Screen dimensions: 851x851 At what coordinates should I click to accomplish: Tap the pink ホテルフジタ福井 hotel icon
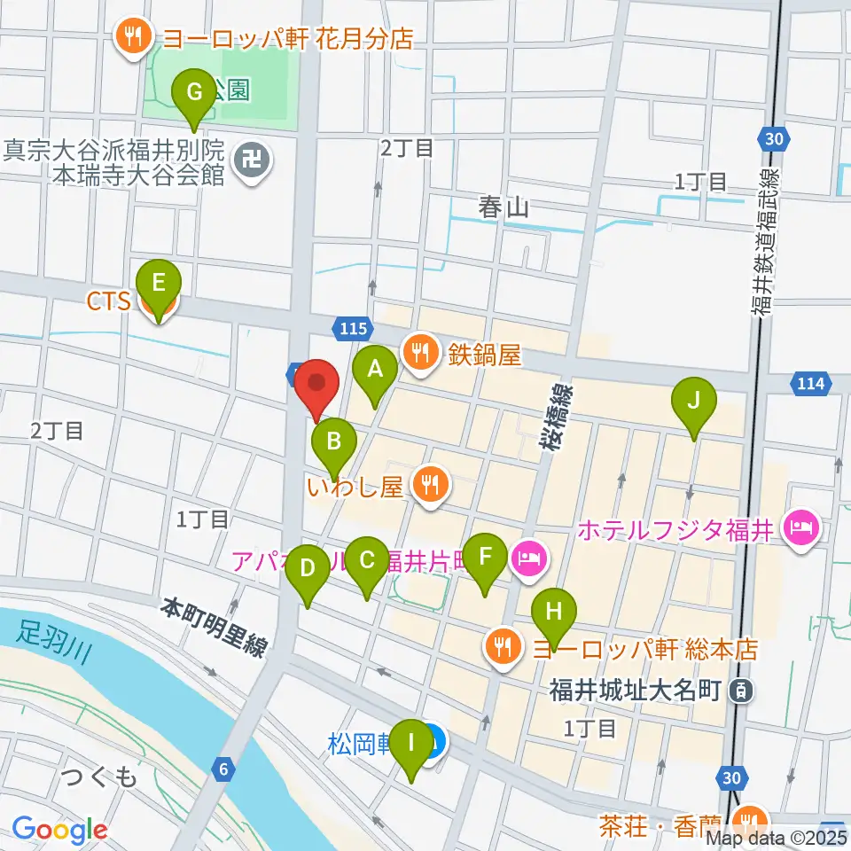pyautogui.click(x=802, y=531)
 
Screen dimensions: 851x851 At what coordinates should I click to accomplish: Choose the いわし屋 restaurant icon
pyautogui.click(x=431, y=485)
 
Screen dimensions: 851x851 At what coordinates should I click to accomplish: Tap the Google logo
pyautogui.click(x=59, y=831)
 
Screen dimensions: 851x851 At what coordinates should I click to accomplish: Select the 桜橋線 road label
pyautogui.click(x=557, y=422)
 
